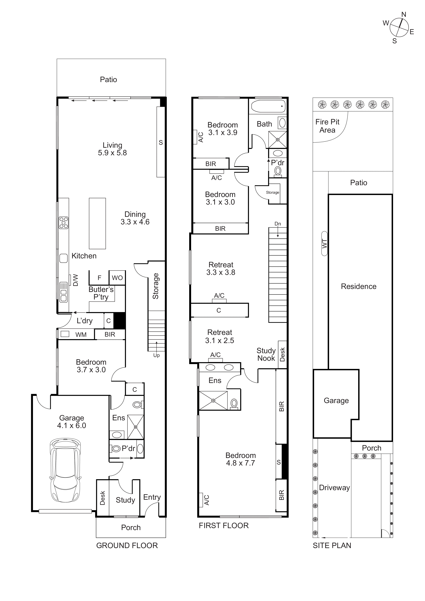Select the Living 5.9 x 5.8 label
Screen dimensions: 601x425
pos(112,149)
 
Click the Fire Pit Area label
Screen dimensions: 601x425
pos(327,126)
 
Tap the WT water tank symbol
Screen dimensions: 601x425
pos(324,243)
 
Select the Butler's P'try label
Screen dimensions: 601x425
pos(101,293)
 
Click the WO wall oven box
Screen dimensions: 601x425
pos(117,278)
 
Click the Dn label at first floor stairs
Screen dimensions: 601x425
pos(278,224)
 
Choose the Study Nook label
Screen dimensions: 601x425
pos(266,354)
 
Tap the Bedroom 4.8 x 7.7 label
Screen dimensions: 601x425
pos(241,459)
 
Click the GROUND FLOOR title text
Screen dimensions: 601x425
pos(127,546)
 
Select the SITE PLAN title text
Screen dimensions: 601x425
pos(332,546)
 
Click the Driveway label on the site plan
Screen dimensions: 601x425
pos(334,488)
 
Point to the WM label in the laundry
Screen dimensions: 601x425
pos(81,335)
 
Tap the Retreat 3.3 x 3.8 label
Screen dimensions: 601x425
pos(221,269)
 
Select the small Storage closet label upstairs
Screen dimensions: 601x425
pos(272,192)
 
